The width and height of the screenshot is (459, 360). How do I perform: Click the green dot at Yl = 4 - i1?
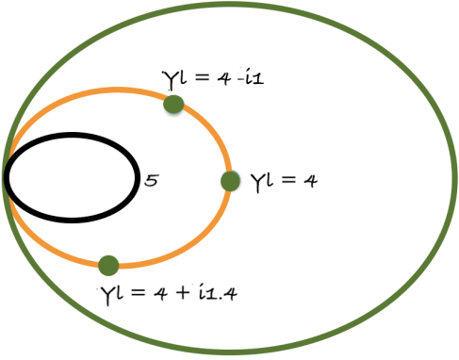coord(173,104)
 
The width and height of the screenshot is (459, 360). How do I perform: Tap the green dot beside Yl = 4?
coord(230,181)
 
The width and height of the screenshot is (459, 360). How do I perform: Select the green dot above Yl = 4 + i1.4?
coord(108,265)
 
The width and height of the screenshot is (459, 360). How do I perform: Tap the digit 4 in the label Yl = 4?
coord(308,181)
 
